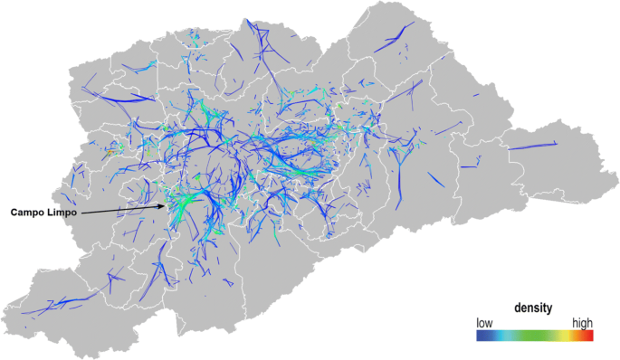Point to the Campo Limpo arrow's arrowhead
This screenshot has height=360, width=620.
pyautogui.click(x=165, y=205)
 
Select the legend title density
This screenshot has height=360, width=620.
pyautogui.click(x=534, y=308)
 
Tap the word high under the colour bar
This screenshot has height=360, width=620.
pyautogui.click(x=582, y=322)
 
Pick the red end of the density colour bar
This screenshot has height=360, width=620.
pyautogui.click(x=589, y=335)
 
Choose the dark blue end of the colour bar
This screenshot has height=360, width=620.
pyautogui.click(x=481, y=335)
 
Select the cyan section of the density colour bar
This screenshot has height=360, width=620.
pyautogui.click(x=511, y=335)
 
